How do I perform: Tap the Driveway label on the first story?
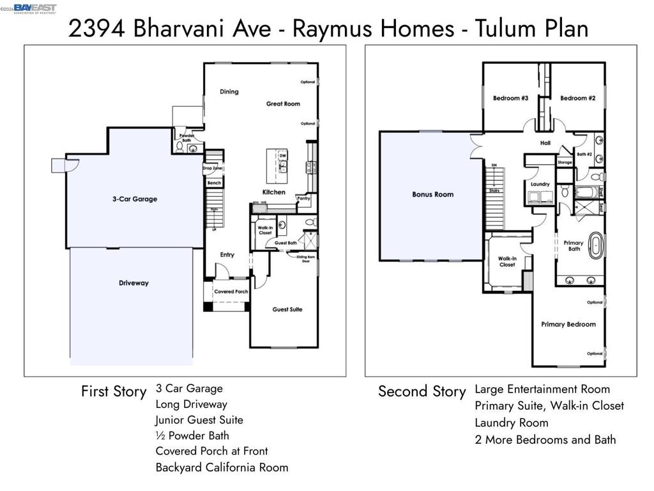pos(133,283)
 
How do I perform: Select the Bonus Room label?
pos(432,194)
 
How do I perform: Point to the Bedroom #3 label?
pos(510,98)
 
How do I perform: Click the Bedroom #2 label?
pos(577,98)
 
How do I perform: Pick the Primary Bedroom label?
pos(568,324)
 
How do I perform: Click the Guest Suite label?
pos(287,309)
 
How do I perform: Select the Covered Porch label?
pos(231,292)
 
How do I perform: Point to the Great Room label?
pos(283,104)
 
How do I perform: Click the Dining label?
pos(229,91)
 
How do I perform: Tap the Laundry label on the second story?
pos(540,184)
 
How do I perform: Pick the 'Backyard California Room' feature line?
pos(222,467)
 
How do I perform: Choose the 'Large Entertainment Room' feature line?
pos(542,389)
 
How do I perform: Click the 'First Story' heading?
pos(114,391)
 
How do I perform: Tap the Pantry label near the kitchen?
pos(303,199)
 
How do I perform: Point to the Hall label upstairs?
pos(545,143)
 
